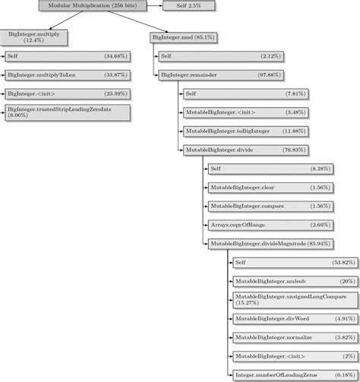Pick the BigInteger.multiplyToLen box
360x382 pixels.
click(x=66, y=74)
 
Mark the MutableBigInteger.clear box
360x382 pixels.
click(x=270, y=187)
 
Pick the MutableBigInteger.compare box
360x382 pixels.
click(x=270, y=206)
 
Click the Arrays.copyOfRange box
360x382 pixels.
click(x=270, y=224)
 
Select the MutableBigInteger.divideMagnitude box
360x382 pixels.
click(x=270, y=243)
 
